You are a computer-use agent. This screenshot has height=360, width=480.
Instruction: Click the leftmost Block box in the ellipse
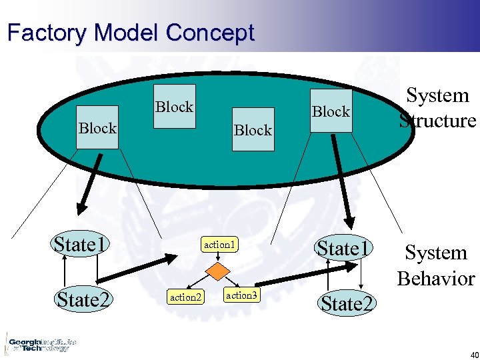(x=97, y=127)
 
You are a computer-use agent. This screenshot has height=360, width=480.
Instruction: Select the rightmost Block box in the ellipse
(x=331, y=111)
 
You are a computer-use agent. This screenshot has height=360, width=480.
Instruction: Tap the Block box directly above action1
(x=253, y=130)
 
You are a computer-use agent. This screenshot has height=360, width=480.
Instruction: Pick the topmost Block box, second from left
(x=174, y=107)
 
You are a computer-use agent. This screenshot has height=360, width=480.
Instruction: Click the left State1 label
(x=82, y=245)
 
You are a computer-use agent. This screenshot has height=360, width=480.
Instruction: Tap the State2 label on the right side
(x=347, y=304)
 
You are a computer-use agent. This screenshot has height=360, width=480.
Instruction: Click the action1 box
(x=220, y=245)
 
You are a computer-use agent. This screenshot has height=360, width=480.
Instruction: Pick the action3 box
(x=241, y=295)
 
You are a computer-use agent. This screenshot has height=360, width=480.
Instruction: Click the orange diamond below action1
(x=216, y=271)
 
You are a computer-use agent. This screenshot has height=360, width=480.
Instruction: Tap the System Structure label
(x=437, y=108)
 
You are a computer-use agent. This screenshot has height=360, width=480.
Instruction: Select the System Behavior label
(x=435, y=265)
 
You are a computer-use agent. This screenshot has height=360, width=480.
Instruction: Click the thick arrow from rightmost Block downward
(x=341, y=180)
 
